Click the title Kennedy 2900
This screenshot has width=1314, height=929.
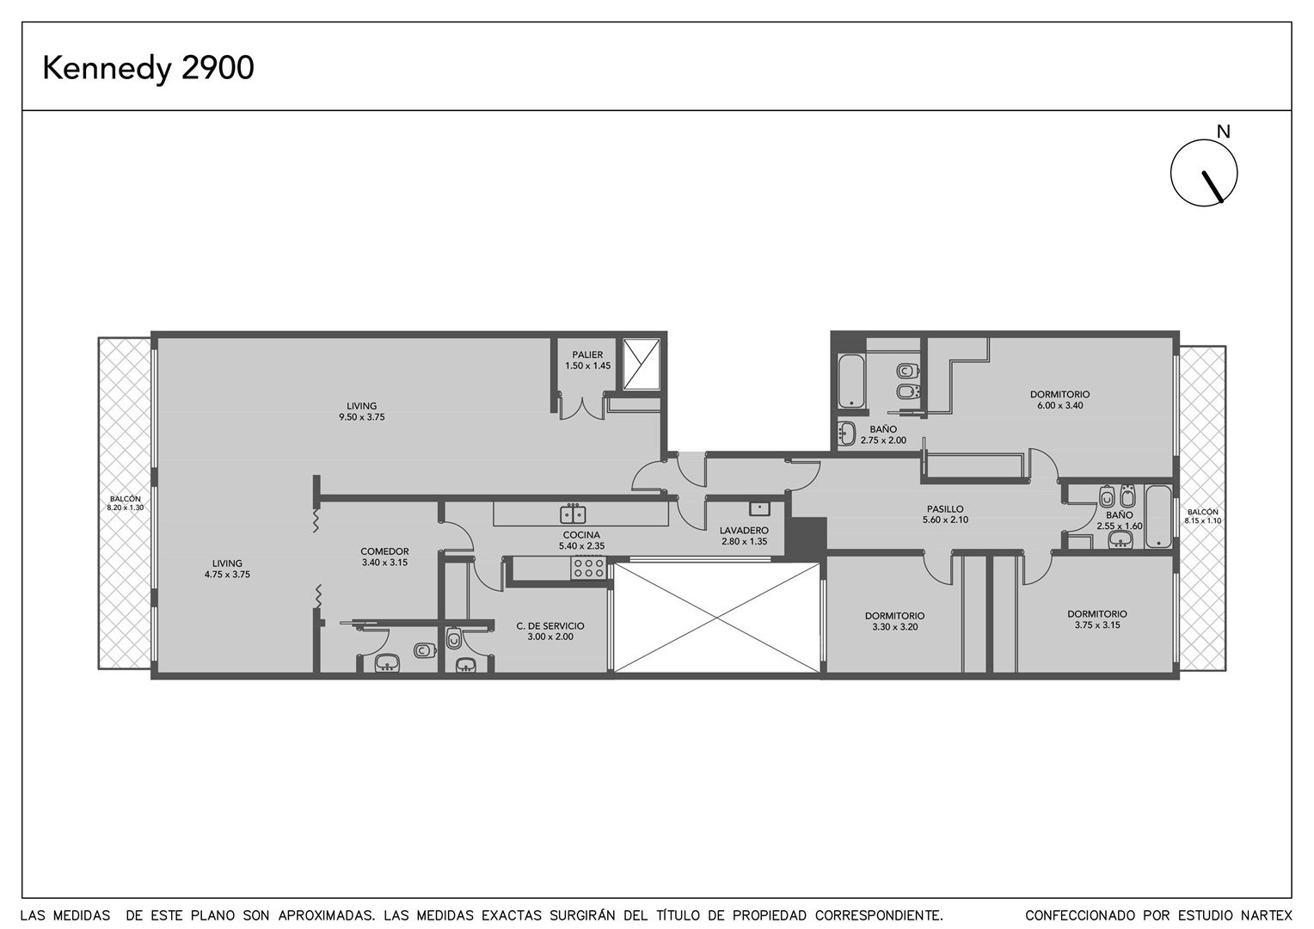(x=149, y=68)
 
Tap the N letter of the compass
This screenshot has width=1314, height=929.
(x=1223, y=132)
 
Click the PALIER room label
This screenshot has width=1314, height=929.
(x=587, y=354)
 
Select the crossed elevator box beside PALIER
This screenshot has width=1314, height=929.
(x=642, y=364)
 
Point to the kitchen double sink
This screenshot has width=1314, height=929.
(x=573, y=514)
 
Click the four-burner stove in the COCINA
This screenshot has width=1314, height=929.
(x=588, y=568)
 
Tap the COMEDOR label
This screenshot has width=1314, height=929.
(x=384, y=551)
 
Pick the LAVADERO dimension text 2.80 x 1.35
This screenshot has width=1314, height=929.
(x=744, y=541)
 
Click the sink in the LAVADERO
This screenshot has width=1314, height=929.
(x=759, y=508)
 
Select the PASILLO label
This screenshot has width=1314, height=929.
(x=945, y=509)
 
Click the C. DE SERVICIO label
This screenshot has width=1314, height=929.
(x=550, y=625)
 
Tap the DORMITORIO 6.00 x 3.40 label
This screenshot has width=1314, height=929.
(x=1060, y=400)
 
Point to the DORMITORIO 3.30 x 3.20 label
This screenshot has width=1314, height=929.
(x=894, y=621)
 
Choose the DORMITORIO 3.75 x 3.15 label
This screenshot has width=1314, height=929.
(x=1097, y=619)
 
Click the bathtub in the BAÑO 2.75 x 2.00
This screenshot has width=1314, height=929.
(x=850, y=380)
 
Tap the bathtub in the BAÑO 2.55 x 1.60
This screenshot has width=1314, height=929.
(x=1158, y=516)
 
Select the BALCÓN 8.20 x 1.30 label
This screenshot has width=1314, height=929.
(x=125, y=503)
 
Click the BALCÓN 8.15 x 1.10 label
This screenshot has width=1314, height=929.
(x=1202, y=516)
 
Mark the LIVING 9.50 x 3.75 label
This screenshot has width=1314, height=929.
(x=361, y=411)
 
